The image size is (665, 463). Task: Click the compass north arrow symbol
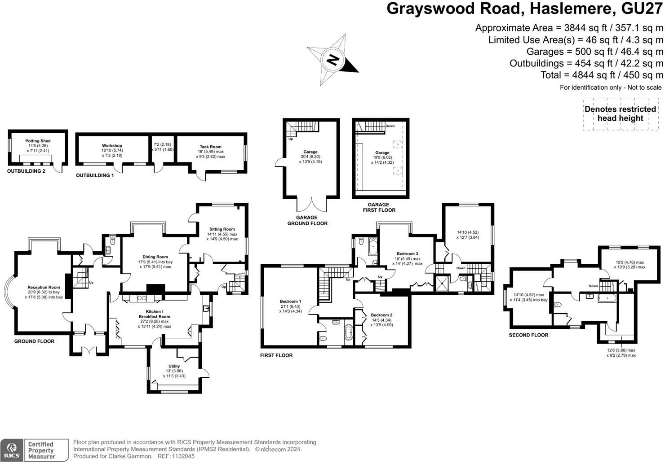coord(332,60)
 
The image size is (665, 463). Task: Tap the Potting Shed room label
coord(38,141)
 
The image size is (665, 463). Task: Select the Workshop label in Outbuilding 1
coord(112,146)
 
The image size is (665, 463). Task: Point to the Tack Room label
coord(210,147)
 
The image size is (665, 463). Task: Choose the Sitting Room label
coord(222,229)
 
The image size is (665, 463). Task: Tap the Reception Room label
coord(44,288)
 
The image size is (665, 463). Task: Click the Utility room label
coord(174,366)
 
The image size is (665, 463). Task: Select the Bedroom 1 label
coord(290,301)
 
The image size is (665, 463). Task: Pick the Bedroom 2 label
coord(381,315)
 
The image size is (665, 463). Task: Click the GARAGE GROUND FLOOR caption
coord(307,220)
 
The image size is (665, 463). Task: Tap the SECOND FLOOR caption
coord(528,335)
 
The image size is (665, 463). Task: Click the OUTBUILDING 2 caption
coord(26,171)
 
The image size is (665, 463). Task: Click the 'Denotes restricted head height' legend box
coord(620,114)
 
